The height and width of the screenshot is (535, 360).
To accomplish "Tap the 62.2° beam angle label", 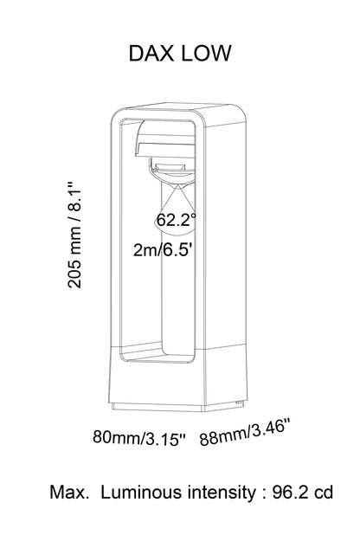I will [177, 220].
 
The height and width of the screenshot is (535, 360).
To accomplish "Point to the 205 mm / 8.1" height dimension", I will [76, 242].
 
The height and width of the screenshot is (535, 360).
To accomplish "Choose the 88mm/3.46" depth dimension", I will [245, 430].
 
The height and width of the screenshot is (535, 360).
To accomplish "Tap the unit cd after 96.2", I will [323, 493].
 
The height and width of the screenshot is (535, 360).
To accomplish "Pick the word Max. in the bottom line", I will [71, 493].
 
